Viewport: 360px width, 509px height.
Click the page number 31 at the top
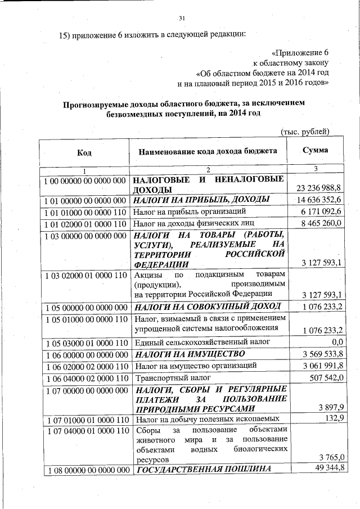[181, 18]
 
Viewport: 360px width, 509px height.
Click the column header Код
[84, 152]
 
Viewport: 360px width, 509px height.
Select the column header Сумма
[315, 150]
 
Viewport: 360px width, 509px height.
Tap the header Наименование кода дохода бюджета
[209, 151]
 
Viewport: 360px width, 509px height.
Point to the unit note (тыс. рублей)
[304, 132]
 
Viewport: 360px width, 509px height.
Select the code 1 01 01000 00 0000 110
[84, 211]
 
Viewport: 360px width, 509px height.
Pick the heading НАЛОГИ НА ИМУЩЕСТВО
[188, 354]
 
